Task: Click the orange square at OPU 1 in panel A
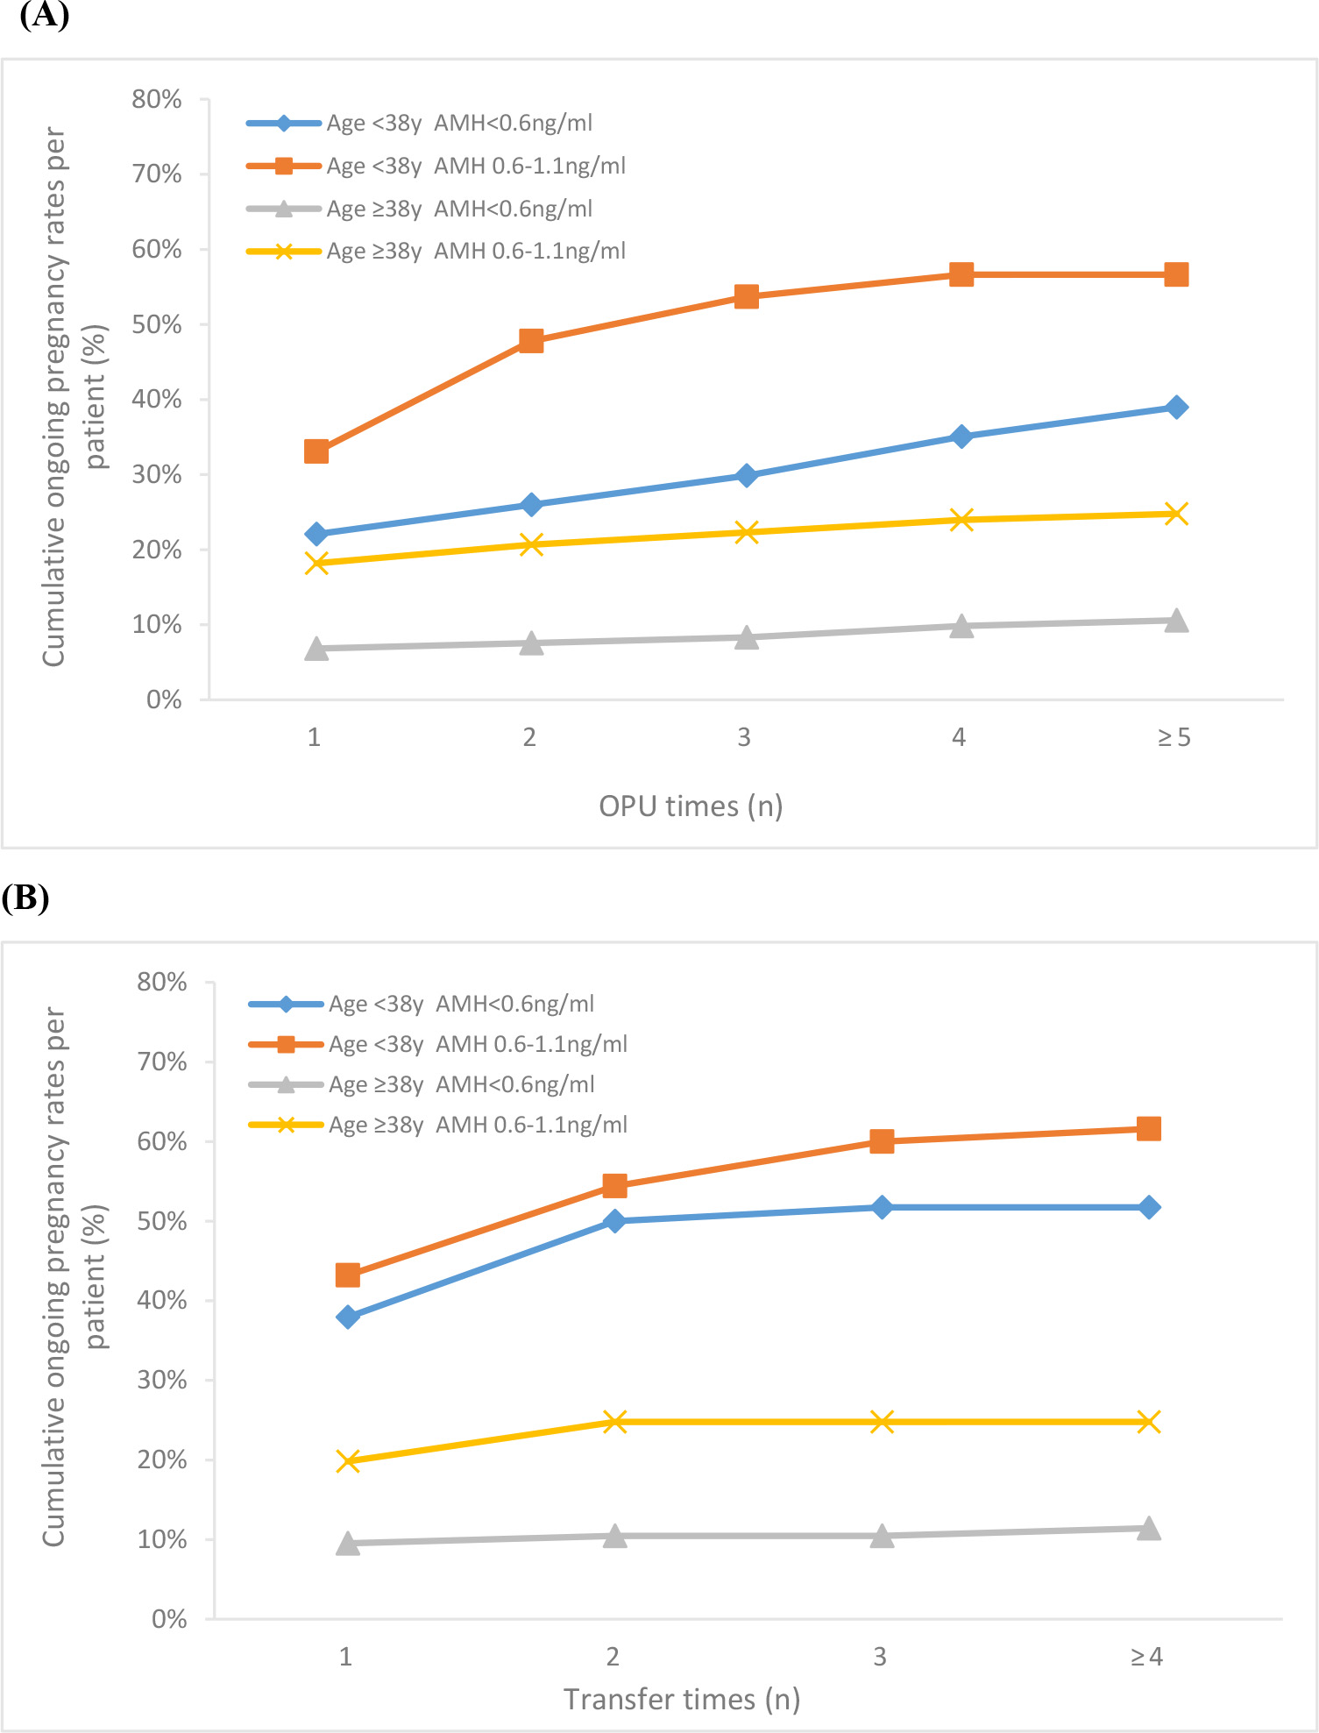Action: pos(316,451)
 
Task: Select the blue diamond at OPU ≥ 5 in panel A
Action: pos(1176,407)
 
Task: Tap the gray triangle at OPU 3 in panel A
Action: pos(746,637)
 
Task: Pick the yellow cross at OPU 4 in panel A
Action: pos(961,520)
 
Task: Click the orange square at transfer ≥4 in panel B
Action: pos(1148,1128)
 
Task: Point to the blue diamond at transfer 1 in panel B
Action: pos(348,1317)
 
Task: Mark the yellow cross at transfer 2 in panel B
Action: pos(615,1422)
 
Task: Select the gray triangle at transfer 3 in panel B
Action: pos(882,1536)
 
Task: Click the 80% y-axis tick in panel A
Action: pos(157,99)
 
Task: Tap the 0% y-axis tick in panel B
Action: pos(169,1619)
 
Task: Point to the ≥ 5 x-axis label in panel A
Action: pos(1174,738)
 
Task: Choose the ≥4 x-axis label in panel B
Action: pos(1146,1657)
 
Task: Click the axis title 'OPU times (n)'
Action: pos(691,806)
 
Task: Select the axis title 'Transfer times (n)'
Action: pos(682,1700)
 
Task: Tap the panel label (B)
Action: pos(25,898)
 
